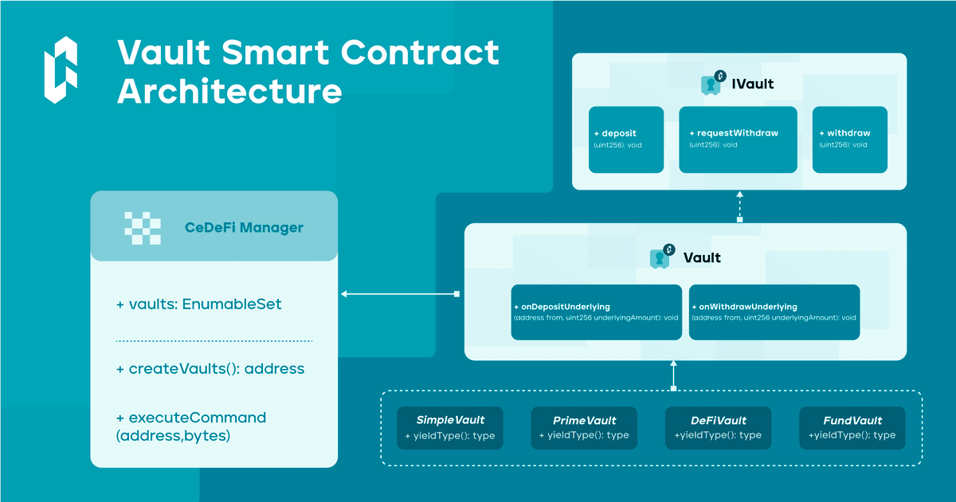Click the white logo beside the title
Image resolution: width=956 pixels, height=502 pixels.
[61, 70]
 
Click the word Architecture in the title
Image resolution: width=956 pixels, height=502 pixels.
[229, 91]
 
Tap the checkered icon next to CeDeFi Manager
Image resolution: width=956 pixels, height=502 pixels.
[143, 228]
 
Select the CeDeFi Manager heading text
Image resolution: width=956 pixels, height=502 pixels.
[244, 228]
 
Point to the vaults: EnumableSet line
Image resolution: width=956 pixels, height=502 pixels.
[199, 304]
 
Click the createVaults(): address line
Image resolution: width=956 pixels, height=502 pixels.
[210, 370]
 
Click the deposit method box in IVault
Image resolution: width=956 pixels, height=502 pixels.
[626, 139]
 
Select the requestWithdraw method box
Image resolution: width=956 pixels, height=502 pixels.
[738, 139]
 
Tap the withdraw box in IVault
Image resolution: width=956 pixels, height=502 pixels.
[849, 139]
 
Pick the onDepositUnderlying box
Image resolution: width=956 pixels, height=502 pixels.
[596, 312]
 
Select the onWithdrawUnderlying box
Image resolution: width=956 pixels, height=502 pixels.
[774, 312]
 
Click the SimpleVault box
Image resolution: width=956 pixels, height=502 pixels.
[450, 428]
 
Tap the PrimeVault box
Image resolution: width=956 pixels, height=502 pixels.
[584, 428]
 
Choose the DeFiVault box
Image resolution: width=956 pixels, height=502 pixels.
[718, 428]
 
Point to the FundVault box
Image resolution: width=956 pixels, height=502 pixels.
[852, 428]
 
